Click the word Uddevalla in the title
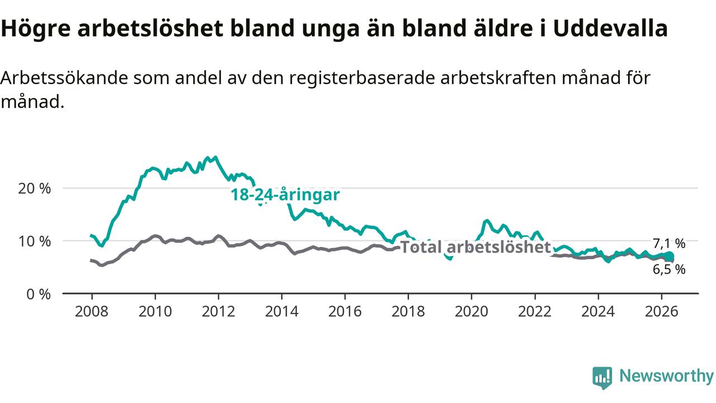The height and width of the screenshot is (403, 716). pos(610,28)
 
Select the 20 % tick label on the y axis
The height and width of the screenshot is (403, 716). pos(34,189)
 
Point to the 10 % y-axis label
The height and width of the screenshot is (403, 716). pos(34,241)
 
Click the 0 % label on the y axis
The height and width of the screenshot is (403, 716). pos(39,294)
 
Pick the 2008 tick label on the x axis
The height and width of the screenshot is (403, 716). pos(92,311)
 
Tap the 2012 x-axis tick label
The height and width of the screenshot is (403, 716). pos(218,311)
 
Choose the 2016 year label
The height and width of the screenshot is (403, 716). pos(345,311)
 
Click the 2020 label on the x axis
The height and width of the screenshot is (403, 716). pos(472,311)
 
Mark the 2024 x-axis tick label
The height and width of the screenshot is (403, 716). pos(598,311)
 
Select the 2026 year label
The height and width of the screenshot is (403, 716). pos(661,311)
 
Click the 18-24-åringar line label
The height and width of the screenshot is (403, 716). pos(285,195)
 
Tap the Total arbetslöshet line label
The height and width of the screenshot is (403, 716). pos(475,247)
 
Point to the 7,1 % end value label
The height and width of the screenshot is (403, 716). pos(669,243)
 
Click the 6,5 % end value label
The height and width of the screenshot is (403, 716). pos(669,270)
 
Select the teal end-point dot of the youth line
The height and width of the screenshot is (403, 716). pos(670,256)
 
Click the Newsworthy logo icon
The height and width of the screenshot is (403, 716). pos(602,377)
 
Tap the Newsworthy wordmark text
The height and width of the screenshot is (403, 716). pos(667,376)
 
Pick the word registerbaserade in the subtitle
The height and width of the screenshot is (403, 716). pos(362,78)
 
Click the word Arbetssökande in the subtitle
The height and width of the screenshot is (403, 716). pos(64,78)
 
